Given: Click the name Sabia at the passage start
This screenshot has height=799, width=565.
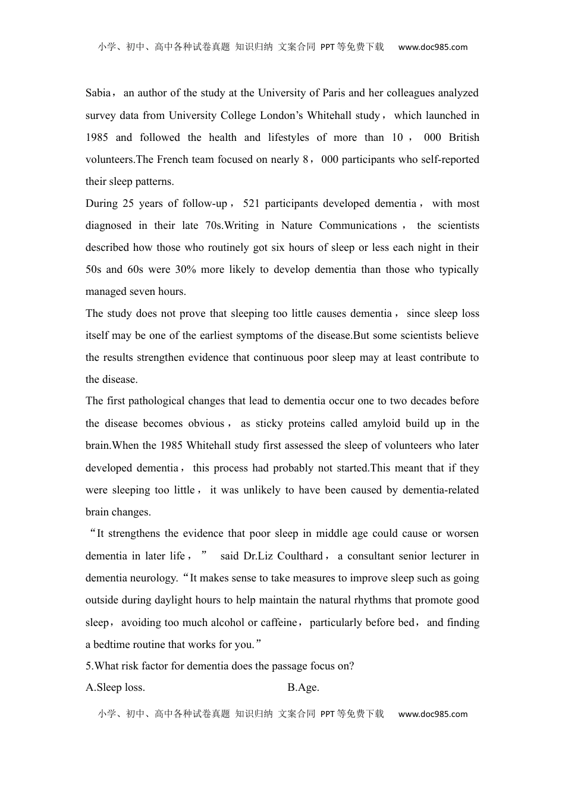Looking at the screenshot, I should (98, 93).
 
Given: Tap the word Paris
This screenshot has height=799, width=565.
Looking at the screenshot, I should (334, 93).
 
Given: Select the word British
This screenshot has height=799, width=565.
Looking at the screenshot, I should (464, 137).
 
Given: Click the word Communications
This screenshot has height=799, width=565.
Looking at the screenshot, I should (358, 225).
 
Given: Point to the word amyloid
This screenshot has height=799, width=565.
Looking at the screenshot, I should (382, 423).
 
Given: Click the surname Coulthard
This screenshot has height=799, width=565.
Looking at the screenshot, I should (300, 556).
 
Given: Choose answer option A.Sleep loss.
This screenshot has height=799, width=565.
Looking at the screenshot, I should (115, 688).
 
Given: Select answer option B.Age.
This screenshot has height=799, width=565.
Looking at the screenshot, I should (303, 688).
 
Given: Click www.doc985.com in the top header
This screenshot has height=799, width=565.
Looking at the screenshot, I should (433, 48).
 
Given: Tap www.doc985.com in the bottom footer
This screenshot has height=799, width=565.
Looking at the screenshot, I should (433, 714).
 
